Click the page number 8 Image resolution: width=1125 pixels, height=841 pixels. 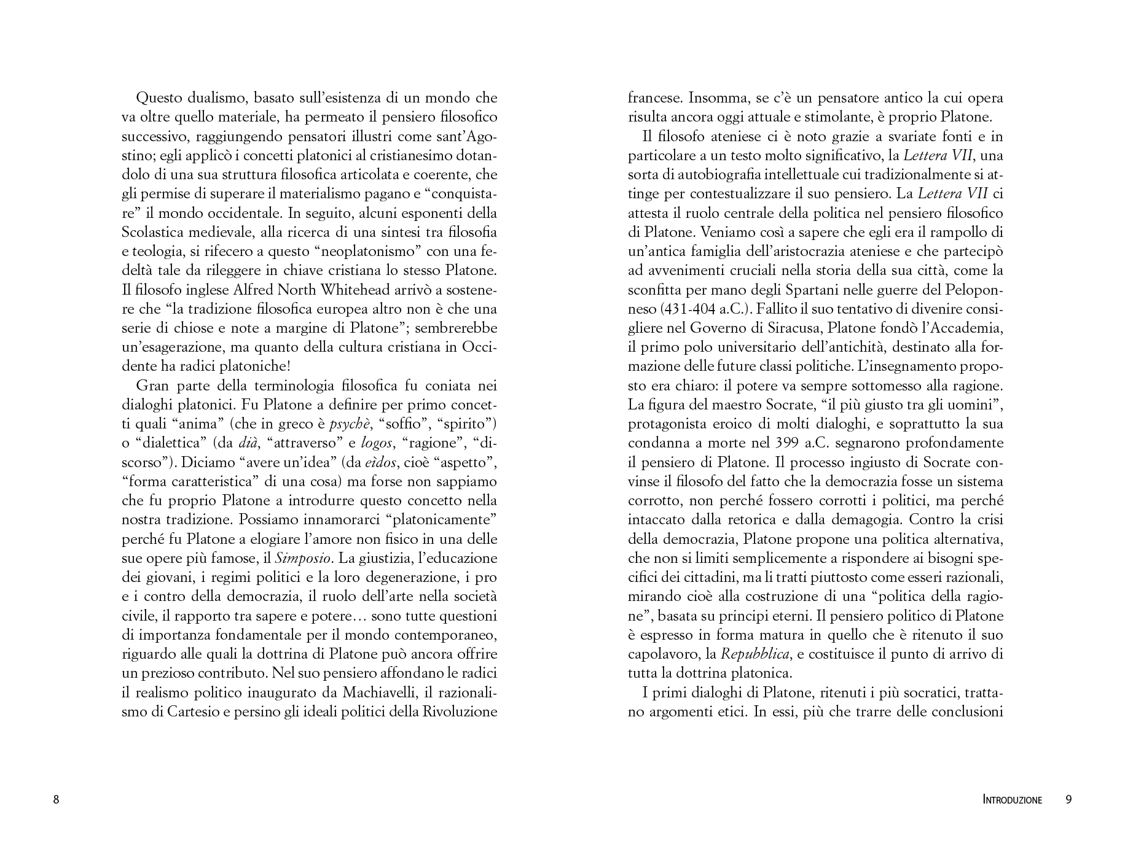coord(57,799)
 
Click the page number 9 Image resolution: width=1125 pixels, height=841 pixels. coord(1068,799)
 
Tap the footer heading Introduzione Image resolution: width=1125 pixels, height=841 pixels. coord(1012,800)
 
